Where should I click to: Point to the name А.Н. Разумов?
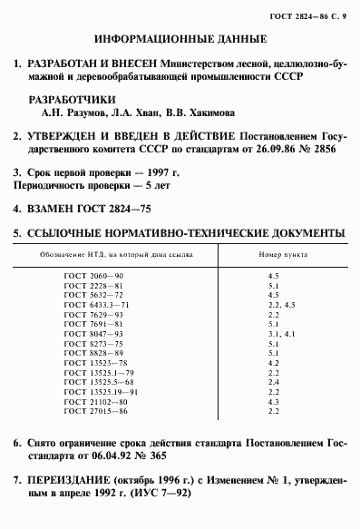click(75, 114)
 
